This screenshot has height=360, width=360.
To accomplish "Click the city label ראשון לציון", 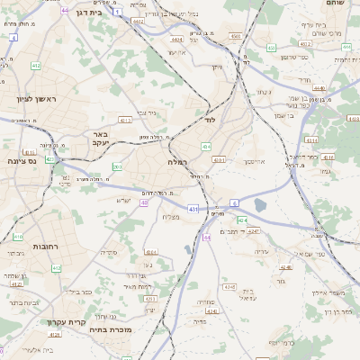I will [x=36, y=98].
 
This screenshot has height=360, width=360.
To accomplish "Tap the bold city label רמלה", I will [x=176, y=162].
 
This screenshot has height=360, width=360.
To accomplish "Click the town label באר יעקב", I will [x=100, y=139].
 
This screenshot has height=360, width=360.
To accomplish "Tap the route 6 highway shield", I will [x=234, y=204].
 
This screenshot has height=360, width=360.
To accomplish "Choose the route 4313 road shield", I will [x=125, y=120].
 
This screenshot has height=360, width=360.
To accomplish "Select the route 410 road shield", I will [x=17, y=236].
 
